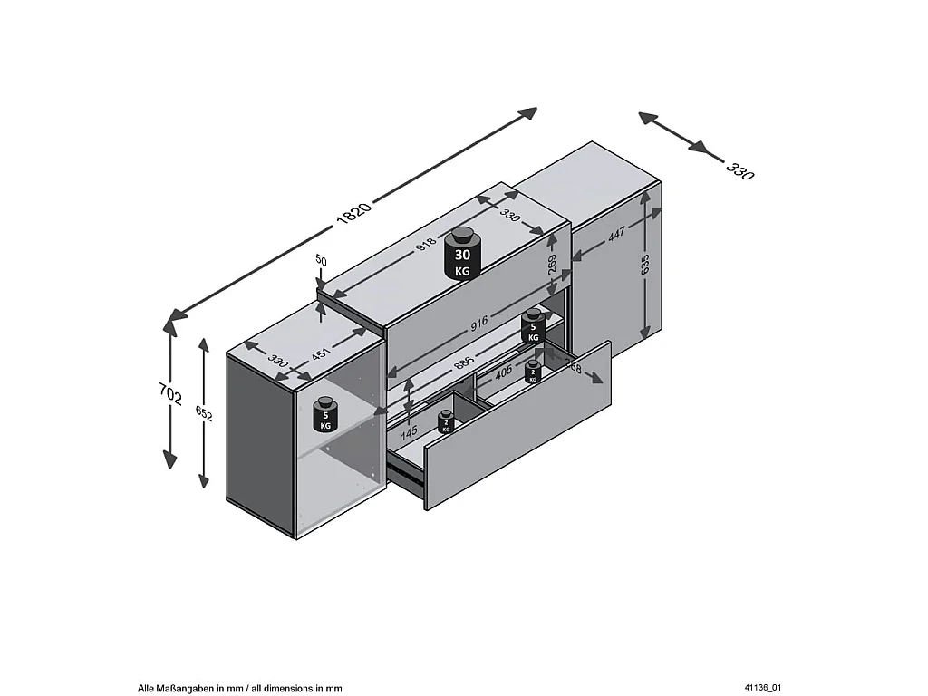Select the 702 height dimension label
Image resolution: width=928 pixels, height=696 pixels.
tap(172, 396)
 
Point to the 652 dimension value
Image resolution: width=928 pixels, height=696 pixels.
tap(205, 413)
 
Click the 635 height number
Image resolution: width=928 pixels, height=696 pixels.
tap(645, 264)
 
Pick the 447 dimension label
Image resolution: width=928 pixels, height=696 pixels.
tap(617, 235)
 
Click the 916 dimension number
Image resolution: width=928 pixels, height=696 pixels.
tap(478, 322)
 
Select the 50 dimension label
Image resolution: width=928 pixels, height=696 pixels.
tap(321, 260)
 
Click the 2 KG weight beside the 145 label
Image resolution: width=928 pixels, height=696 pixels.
tap(446, 422)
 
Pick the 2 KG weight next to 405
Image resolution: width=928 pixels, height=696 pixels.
tap(533, 372)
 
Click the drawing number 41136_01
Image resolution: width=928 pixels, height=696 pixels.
tap(761, 689)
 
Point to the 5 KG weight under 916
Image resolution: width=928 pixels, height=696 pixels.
tap(533, 326)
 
